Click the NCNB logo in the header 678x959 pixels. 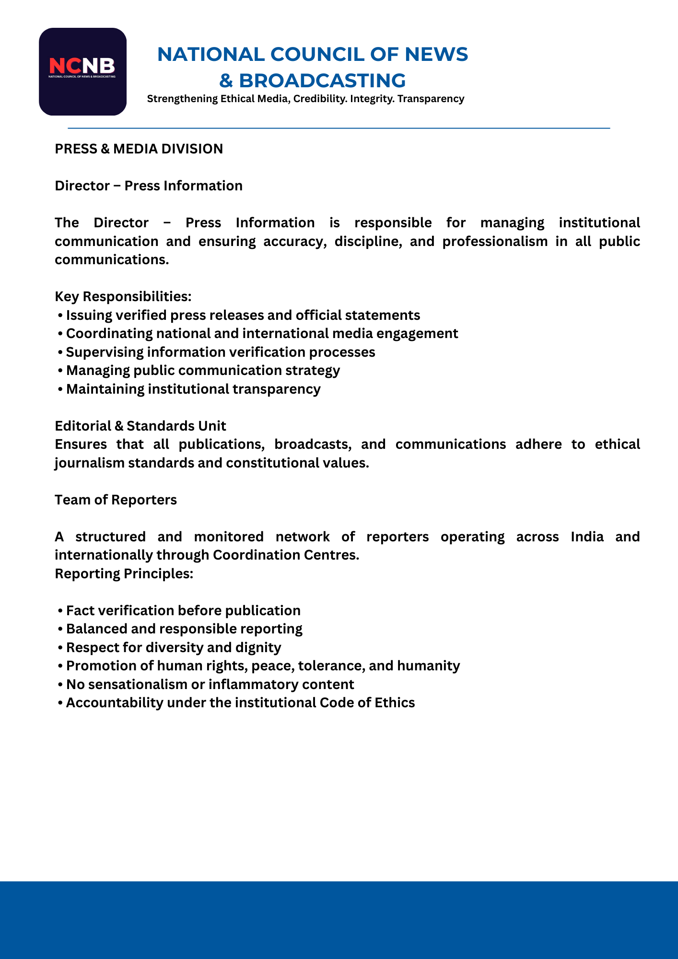[x=82, y=71]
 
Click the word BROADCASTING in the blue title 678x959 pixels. [x=322, y=81]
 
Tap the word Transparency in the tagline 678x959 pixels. [x=431, y=99]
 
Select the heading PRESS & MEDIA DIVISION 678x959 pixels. [x=139, y=149]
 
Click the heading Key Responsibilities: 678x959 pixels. [x=123, y=297]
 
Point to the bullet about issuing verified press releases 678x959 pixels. [x=243, y=316]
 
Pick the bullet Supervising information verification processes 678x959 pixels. [x=220, y=352]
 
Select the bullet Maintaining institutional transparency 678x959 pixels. [x=193, y=389]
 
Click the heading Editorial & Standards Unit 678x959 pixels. [x=140, y=426]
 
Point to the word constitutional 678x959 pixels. [x=283, y=463]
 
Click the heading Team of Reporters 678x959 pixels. [x=116, y=500]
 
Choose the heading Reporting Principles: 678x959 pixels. [x=124, y=573]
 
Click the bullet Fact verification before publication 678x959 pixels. [x=183, y=611]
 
